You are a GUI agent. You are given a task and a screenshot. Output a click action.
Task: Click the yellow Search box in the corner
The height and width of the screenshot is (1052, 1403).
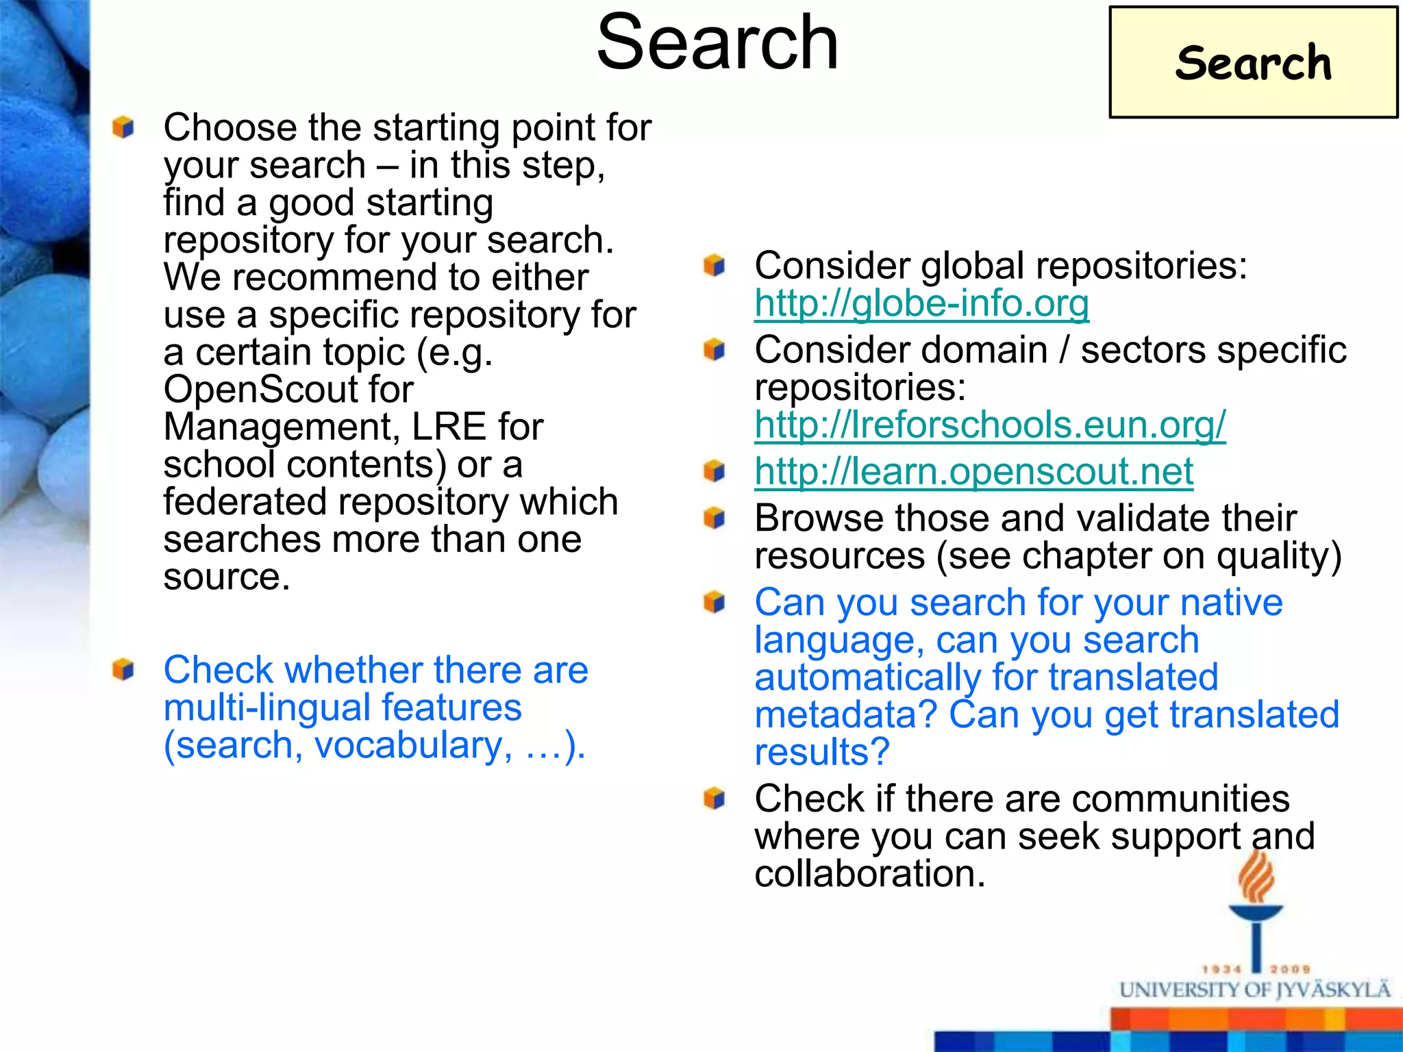point(1253,62)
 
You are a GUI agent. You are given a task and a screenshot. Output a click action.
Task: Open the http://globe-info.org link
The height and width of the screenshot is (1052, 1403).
point(921,303)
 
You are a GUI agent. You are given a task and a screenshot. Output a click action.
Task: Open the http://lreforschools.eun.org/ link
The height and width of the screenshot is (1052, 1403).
point(990,425)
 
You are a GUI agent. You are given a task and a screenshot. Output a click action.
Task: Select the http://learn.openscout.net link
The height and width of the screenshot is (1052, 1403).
point(973,471)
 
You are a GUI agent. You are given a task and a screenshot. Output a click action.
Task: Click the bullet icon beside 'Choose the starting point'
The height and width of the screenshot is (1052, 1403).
point(123,127)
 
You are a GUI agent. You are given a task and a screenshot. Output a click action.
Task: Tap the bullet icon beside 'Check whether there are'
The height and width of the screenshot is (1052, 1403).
point(123,669)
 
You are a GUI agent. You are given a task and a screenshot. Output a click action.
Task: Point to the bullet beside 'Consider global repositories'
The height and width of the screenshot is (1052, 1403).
point(714,265)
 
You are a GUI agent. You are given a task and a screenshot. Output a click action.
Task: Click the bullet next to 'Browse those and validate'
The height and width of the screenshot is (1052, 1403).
point(714,518)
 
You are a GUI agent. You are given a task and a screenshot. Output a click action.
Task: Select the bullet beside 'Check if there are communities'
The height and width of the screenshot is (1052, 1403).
point(714,798)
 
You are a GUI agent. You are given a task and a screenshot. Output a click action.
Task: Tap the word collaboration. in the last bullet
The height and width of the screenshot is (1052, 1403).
point(869,874)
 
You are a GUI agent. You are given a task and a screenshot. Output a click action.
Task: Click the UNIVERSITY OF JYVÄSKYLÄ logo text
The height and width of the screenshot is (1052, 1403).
point(1254,990)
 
